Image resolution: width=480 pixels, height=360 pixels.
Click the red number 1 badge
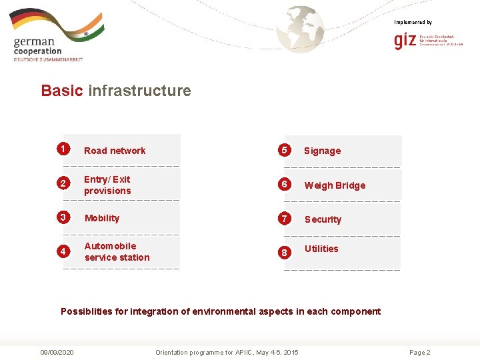63,148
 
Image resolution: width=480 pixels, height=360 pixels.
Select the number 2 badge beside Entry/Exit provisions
63,183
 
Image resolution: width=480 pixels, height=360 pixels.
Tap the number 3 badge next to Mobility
63,217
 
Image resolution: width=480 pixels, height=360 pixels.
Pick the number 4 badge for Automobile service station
63,251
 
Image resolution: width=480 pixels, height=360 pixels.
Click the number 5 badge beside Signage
284,149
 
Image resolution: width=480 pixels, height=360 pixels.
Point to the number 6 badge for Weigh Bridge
284,184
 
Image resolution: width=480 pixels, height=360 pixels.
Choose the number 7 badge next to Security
284,218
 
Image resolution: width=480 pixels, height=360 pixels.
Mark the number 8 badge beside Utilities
284,253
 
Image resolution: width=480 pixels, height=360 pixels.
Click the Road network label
115,151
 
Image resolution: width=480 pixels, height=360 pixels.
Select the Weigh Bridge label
335,185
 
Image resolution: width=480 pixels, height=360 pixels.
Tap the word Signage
322,151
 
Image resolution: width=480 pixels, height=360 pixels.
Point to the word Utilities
321,249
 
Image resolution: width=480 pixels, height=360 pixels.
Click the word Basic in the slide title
62,91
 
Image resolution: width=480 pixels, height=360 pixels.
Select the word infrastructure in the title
139,91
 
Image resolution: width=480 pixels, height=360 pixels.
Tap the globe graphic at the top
301,28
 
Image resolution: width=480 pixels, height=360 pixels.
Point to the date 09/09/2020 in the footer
57,352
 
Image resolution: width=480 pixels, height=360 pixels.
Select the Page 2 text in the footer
419,352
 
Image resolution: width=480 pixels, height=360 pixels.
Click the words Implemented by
413,23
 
